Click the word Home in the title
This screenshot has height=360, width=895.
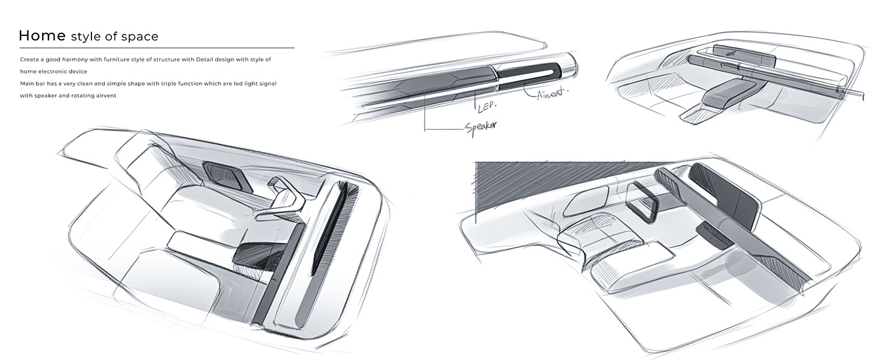pos(42,36)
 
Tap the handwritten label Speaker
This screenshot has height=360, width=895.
pos(481,127)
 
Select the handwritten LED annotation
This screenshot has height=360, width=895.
pos(487,106)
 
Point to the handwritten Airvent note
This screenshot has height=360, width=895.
pos(552,93)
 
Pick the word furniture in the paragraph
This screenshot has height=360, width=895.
pos(116,59)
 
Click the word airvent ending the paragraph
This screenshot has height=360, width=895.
pos(105,96)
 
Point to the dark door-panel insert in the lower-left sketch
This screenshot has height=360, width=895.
pos(228,176)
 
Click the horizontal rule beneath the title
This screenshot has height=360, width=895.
pos(157,47)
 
